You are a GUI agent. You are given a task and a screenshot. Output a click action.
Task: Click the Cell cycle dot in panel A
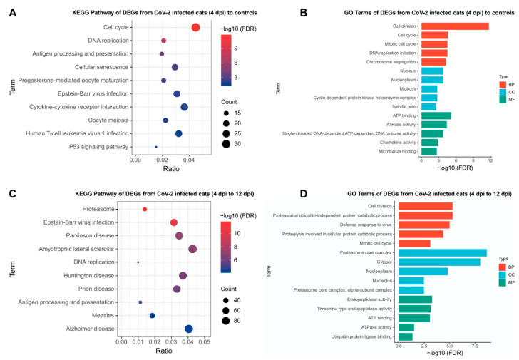pos(195,27)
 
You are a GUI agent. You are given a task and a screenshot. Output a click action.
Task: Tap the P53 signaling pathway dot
pos(156,147)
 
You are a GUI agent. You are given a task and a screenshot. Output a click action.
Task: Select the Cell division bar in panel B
pos(454,26)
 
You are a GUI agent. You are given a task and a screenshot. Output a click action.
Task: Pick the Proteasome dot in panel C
pos(145,210)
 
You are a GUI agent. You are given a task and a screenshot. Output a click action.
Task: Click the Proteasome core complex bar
pos(441,252)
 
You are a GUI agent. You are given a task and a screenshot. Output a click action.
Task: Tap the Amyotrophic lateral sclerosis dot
pos(192,249)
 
